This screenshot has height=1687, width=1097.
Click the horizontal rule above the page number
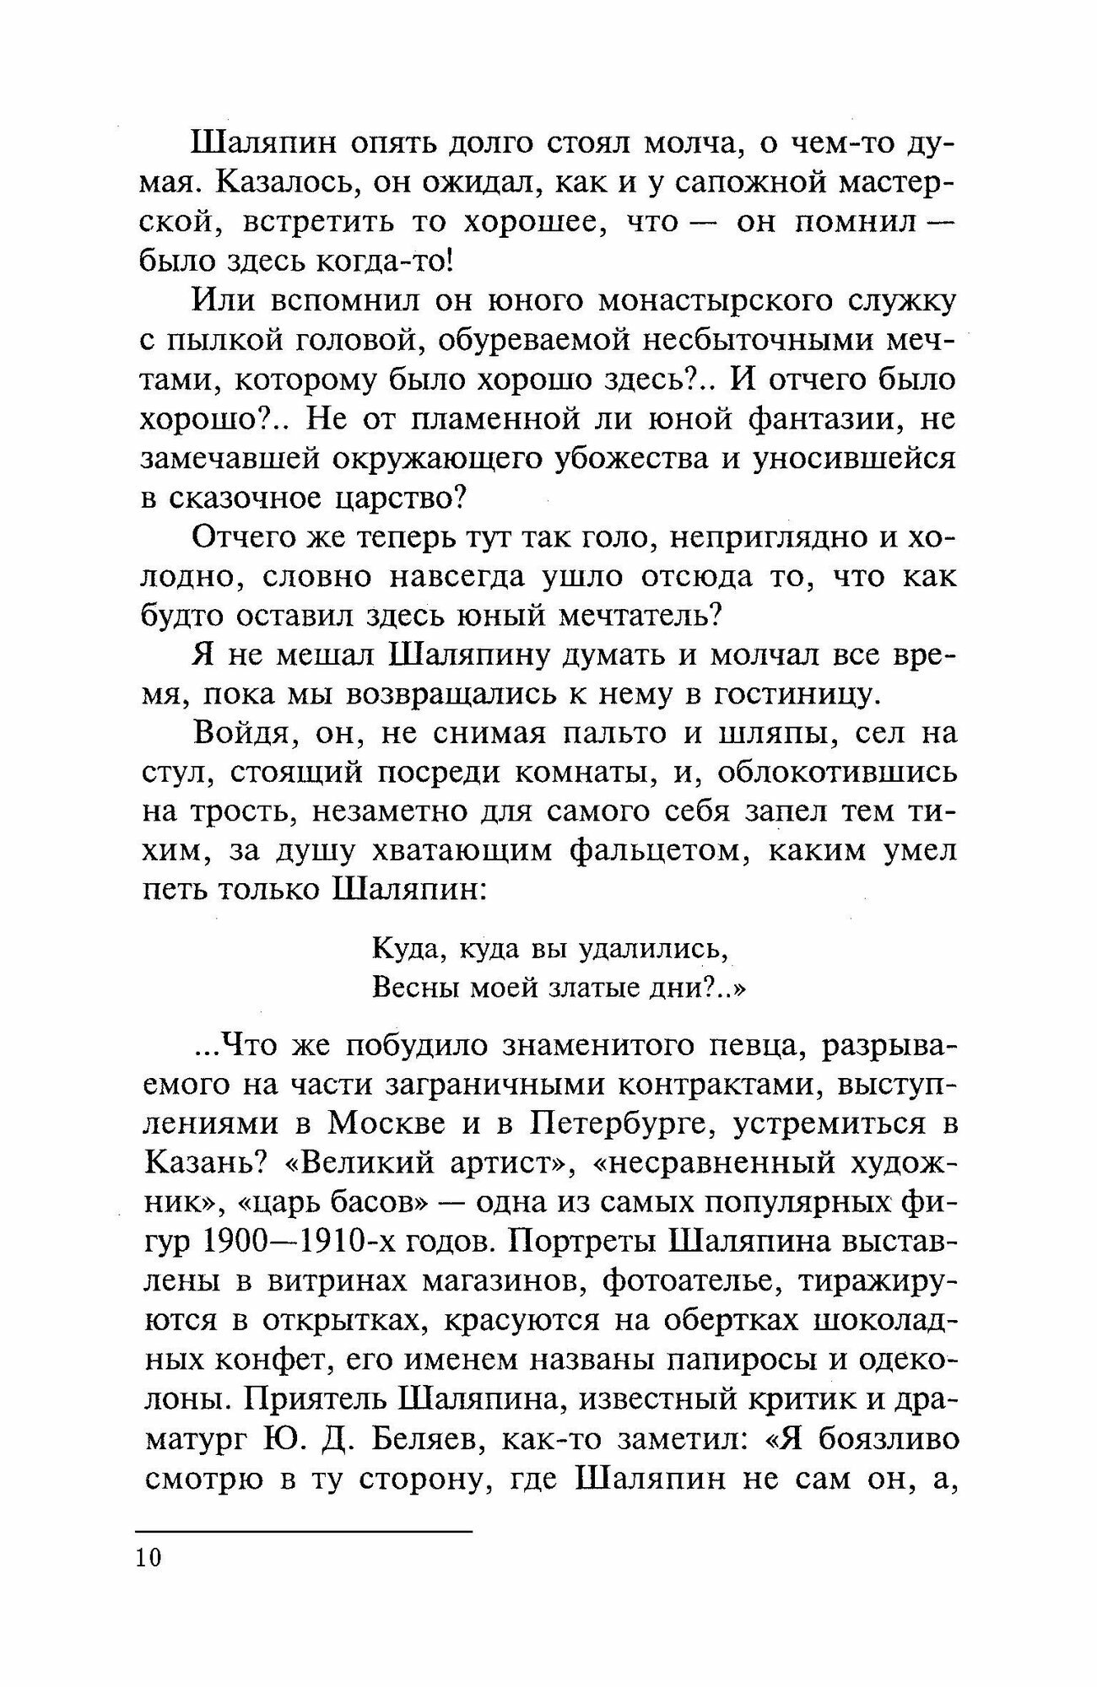(304, 1531)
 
